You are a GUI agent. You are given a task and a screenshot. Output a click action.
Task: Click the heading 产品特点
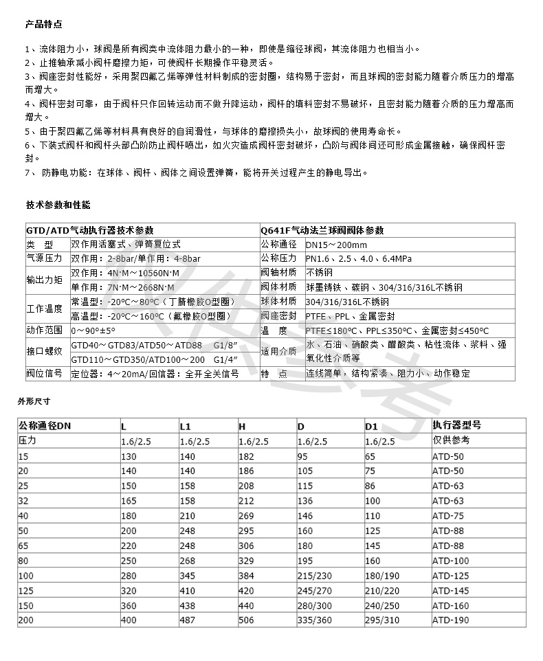coord(43,25)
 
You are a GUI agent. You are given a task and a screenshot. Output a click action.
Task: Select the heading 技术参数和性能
coord(58,205)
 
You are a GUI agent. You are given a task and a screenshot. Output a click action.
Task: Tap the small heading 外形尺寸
coord(34,399)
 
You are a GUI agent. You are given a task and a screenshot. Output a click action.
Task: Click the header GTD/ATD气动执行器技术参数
coord(90,230)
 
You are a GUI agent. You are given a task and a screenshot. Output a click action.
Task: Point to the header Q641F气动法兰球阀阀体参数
coord(322,230)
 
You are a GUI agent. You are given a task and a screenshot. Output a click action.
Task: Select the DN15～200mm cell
coord(337,245)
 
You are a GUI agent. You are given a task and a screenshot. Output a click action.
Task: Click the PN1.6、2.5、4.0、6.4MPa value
coord(358,259)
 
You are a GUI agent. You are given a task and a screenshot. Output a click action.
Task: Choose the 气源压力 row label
coord(44,259)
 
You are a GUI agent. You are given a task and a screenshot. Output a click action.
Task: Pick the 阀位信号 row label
coord(44,374)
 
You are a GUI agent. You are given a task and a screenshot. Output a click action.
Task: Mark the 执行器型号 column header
coord(457,426)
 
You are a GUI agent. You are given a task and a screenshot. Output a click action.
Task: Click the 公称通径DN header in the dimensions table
coord(45,426)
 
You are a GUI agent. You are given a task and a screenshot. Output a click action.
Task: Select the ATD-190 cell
coord(450,620)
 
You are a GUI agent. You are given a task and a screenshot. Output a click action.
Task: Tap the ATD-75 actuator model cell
coord(448,515)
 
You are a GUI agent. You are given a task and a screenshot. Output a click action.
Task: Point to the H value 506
coord(246,620)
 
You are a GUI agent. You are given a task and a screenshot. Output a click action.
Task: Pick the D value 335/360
coord(315,620)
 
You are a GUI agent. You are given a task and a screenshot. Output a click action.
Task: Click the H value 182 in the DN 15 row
coord(246,456)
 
